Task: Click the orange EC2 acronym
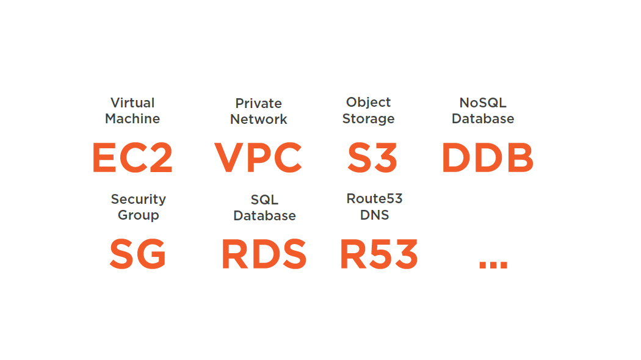(132, 157)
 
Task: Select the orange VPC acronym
(258, 157)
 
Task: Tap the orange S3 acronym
(372, 157)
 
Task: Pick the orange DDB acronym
(487, 157)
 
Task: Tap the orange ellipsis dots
(493, 265)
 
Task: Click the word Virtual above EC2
(132, 103)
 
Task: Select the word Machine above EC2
(132, 118)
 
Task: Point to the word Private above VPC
(258, 103)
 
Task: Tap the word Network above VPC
(258, 119)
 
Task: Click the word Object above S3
(368, 103)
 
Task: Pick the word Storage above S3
(368, 118)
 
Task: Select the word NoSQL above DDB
(483, 103)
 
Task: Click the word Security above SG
(138, 199)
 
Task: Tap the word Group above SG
(138, 215)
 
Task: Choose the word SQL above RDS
(264, 200)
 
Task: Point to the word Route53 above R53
(374, 198)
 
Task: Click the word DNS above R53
(374, 215)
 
